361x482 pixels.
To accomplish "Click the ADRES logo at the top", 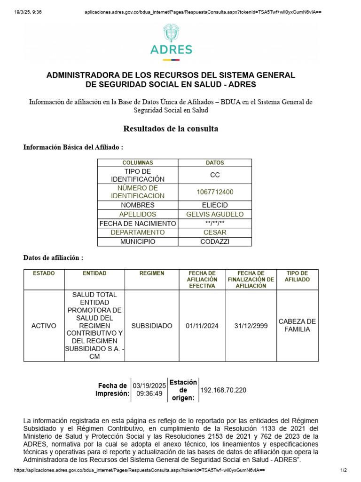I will pyautogui.click(x=171, y=43).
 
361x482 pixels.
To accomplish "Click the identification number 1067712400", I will pyautogui.click(x=215, y=192).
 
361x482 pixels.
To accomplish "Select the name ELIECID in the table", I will pyautogui.click(x=215, y=205).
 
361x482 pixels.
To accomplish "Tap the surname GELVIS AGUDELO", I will pyautogui.click(x=215, y=214).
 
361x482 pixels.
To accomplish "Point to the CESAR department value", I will pyautogui.click(x=215, y=233).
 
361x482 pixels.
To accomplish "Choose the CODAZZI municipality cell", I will pyautogui.click(x=215, y=241).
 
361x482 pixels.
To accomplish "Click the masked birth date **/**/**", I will pyautogui.click(x=215, y=224).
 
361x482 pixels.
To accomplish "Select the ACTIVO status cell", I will pyautogui.click(x=44, y=326).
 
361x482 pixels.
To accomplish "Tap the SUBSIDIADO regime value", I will pyautogui.click(x=152, y=326).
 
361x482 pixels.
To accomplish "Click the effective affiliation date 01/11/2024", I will pyautogui.click(x=202, y=326).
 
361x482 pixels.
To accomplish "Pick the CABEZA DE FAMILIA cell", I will pyautogui.click(x=297, y=325).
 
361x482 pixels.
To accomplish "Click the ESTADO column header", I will pyautogui.click(x=44, y=273).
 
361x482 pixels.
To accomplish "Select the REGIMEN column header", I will pyautogui.click(x=152, y=273).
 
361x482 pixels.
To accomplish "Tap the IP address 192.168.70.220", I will pyautogui.click(x=223, y=390).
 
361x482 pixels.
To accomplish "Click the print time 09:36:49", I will pyautogui.click(x=149, y=394).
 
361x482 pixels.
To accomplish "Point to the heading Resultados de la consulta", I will pyautogui.click(x=171, y=129).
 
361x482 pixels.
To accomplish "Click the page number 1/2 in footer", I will pyautogui.click(x=343, y=470).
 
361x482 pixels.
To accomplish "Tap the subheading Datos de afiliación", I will pyautogui.click(x=54, y=258).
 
